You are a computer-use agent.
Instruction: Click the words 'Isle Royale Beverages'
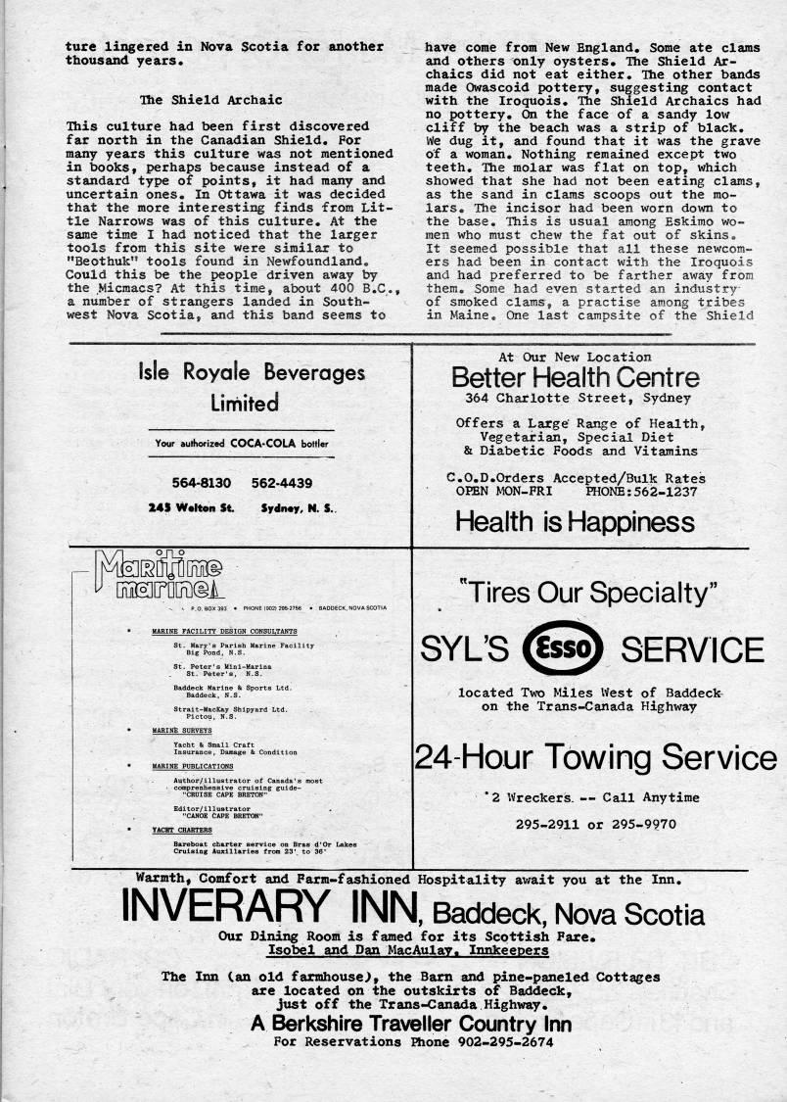pyautogui.click(x=253, y=373)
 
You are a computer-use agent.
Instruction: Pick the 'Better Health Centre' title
pyautogui.click(x=576, y=377)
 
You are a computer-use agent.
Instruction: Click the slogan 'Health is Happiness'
pyautogui.click(x=575, y=520)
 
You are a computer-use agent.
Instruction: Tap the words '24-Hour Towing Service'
pyautogui.click(x=595, y=756)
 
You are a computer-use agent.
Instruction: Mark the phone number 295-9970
pyautogui.click(x=641, y=824)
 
